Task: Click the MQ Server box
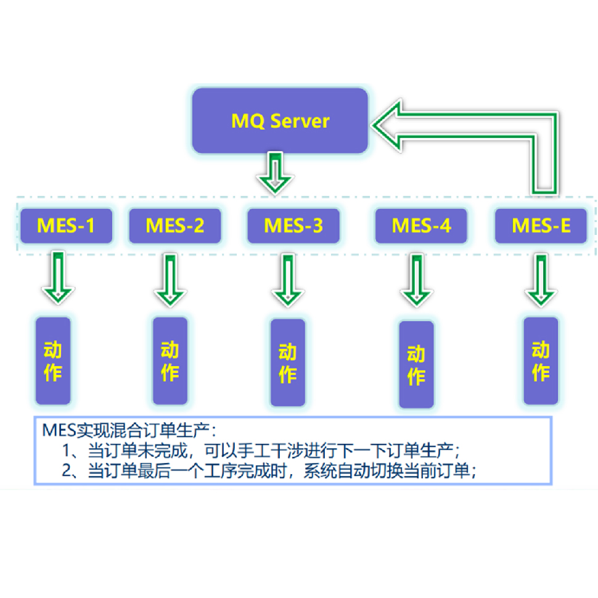pos(280,121)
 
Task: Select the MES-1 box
pos(66,226)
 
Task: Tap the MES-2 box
pos(174,226)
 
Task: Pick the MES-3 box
pos(293,226)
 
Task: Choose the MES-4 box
pos(421,226)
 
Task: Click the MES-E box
pos(541,226)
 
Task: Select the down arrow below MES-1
pos(58,277)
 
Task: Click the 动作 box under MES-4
pos(416,364)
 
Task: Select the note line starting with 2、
pos(271,471)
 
